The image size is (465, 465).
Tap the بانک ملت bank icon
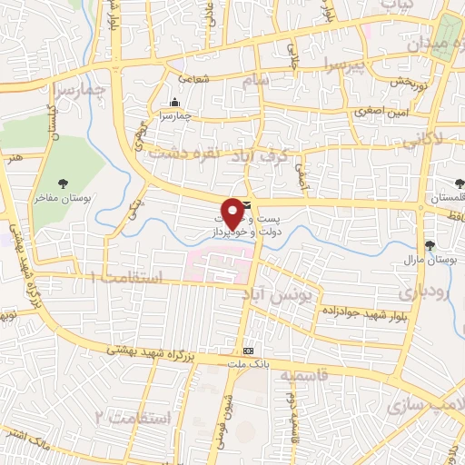248,351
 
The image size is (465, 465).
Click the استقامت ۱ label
131,277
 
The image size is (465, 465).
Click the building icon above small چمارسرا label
174,101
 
